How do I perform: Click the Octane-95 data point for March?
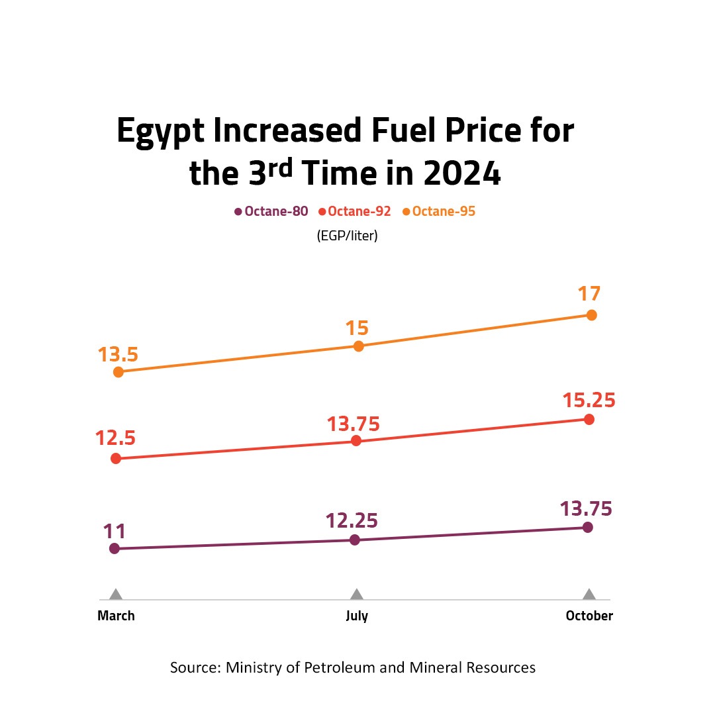tap(119, 372)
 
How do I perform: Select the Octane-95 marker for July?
tap(358, 346)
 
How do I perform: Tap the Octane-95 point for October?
tap(592, 315)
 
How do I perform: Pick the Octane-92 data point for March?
tap(116, 458)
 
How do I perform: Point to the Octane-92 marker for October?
tap(589, 420)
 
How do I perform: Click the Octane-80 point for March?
tap(114, 548)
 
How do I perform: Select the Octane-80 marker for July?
tap(354, 540)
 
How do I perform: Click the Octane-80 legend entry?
tap(271, 212)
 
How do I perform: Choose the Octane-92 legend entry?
tap(355, 212)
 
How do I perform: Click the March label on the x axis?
tap(116, 616)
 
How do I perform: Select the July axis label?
tap(357, 616)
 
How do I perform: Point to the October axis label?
tap(589, 616)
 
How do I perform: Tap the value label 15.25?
tap(589, 401)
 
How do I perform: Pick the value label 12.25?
tap(352, 521)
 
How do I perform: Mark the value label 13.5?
tap(118, 355)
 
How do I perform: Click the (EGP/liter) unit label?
tap(348, 235)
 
